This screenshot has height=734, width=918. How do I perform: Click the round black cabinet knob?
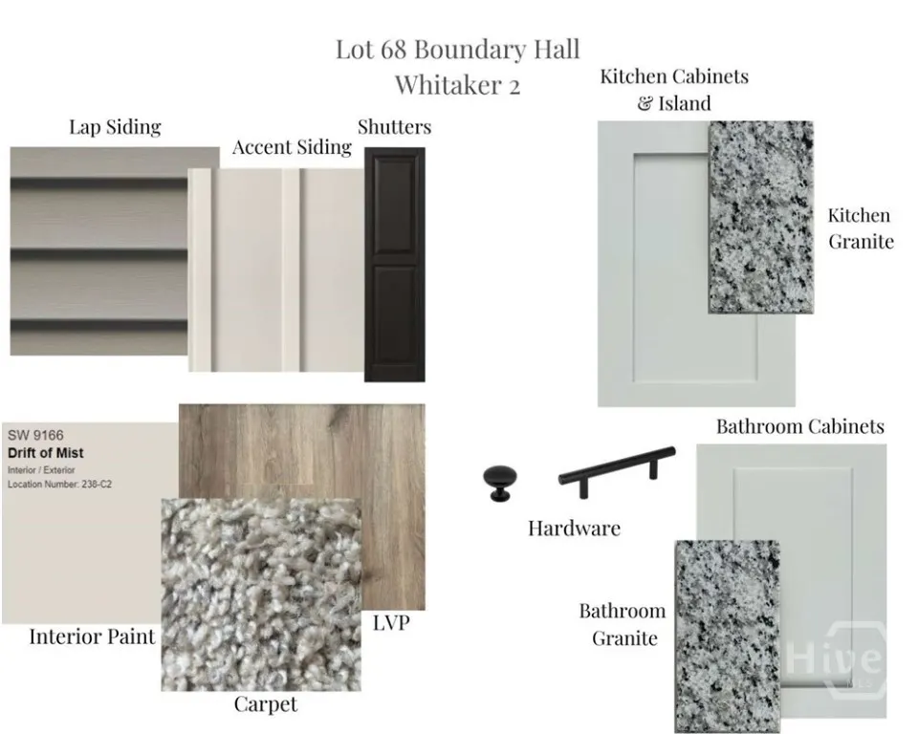(500, 483)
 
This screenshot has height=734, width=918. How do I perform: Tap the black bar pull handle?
(617, 470)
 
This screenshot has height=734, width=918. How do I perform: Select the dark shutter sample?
(395, 265)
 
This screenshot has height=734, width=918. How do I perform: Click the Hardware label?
(574, 529)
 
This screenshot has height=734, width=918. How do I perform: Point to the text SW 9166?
(35, 435)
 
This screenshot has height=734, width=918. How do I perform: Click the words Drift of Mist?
(46, 453)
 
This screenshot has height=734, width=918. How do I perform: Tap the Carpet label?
(266, 704)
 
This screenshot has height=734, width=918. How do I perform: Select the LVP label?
(391, 623)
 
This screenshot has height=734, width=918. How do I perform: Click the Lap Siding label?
(115, 128)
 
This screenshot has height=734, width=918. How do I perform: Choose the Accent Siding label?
(293, 147)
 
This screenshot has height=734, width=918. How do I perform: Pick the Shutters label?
(395, 127)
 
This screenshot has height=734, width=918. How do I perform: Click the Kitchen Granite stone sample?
(760, 217)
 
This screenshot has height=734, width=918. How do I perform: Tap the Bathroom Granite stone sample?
(728, 637)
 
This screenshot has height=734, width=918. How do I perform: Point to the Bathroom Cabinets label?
(799, 426)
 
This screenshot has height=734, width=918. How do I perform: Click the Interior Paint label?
(93, 637)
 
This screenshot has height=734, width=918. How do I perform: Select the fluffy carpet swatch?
(261, 594)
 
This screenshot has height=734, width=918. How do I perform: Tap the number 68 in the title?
(393, 49)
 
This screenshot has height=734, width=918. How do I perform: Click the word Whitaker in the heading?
(448, 85)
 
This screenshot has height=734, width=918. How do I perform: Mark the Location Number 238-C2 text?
(59, 484)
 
